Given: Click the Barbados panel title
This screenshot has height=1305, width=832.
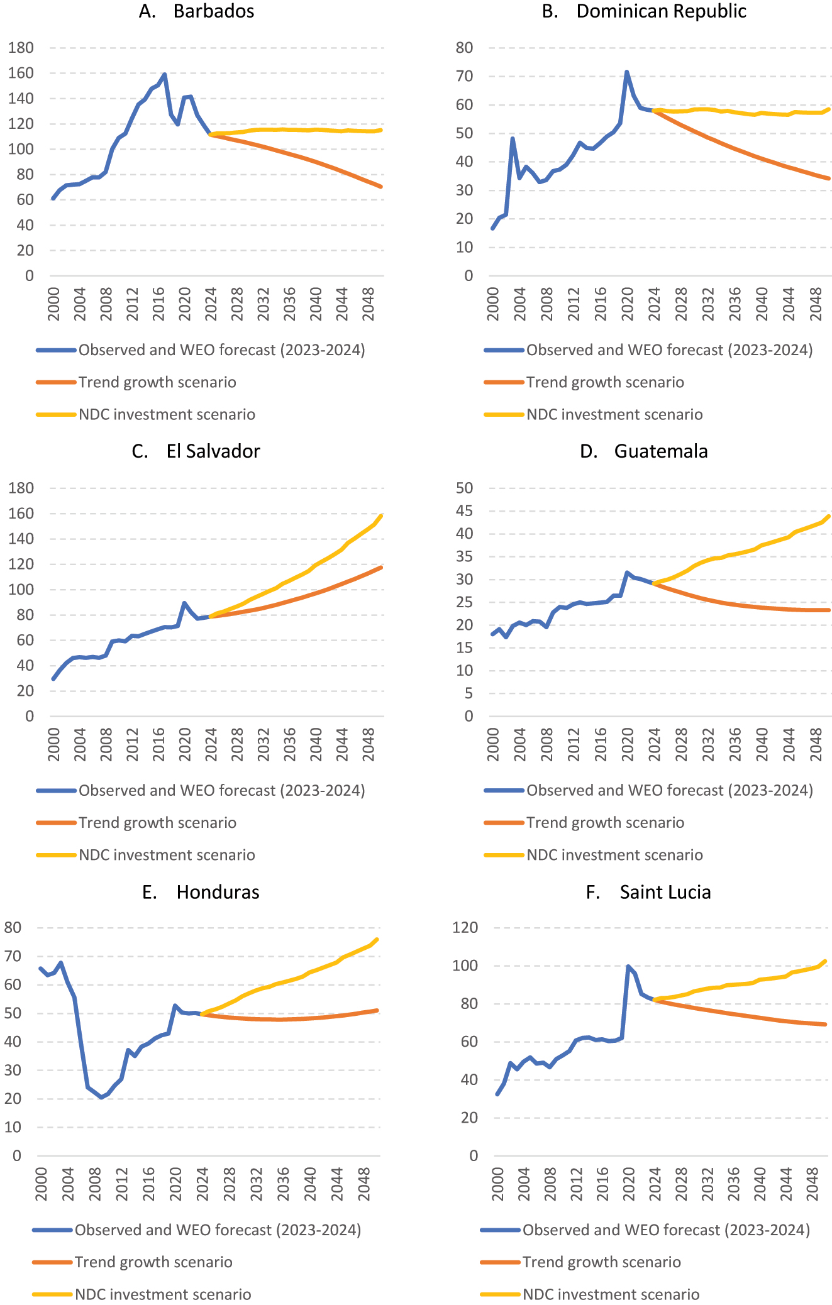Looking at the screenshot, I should coord(197,11).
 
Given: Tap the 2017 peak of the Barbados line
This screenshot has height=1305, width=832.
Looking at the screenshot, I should coord(164,74).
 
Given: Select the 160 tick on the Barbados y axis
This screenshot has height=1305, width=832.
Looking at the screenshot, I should coord(21,73).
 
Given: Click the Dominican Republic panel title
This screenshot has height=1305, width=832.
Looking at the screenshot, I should coord(644,11).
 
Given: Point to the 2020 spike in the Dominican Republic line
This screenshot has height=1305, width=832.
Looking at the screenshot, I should coord(626,72).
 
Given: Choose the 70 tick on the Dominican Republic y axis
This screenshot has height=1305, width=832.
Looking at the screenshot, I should coord(464,76).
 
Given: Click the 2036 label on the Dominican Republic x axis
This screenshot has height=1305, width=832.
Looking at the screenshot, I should coord(735,304).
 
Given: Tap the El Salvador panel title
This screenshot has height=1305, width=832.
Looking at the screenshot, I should coord(196,451).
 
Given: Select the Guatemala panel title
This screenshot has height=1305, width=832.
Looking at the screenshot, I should coord(644,451).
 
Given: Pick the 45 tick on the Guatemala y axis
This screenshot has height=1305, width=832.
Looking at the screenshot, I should coord(464,511).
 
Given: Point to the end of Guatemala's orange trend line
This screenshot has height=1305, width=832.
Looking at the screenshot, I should coord(829,610).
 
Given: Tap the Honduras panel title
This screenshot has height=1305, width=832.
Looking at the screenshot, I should coord(201,892).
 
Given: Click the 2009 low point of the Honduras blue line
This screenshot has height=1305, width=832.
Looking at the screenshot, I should coord(101,1097).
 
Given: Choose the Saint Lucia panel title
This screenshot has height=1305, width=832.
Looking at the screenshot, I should coord(648,892).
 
